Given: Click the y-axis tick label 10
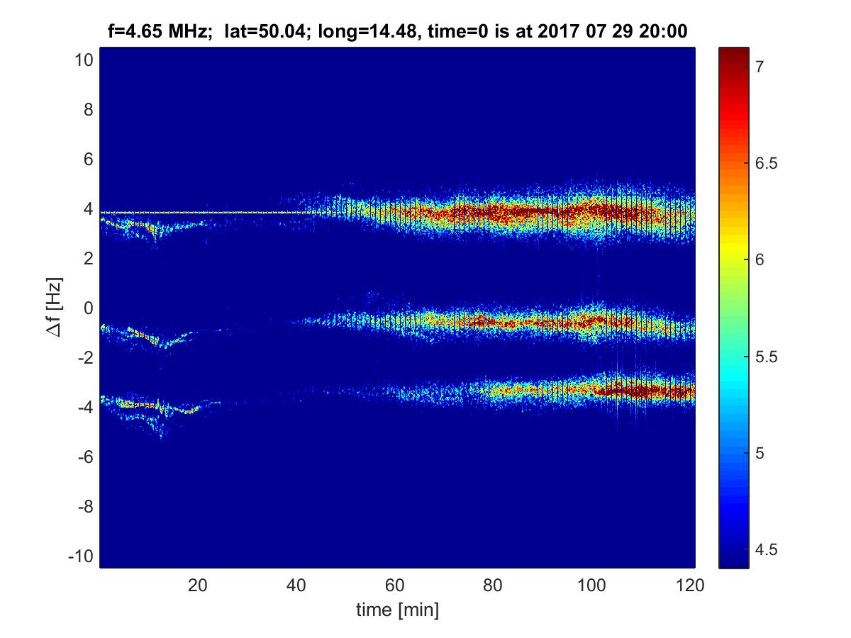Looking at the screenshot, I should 82,60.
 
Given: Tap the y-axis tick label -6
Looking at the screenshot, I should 82,457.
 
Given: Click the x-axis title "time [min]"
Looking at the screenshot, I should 397,610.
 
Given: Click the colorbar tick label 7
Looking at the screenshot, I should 760,67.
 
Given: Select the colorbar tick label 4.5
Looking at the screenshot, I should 765,549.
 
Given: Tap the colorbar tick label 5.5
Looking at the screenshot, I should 765,357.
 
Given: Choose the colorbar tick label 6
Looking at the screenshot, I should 760,260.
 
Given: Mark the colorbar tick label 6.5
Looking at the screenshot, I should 765,164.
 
